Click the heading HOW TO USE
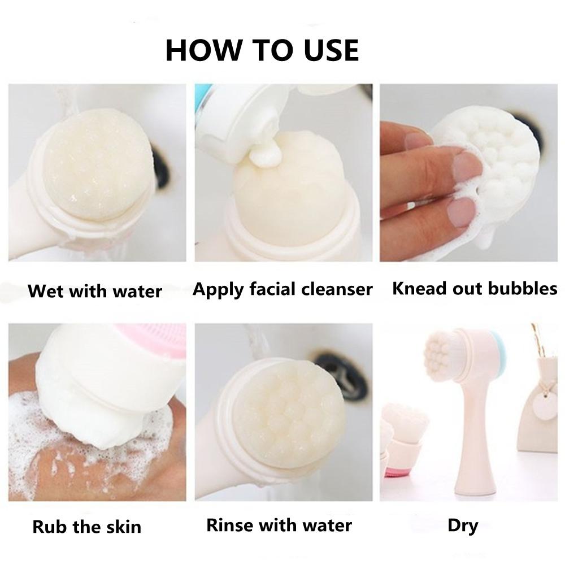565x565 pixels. click(x=262, y=50)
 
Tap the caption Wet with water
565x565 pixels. click(x=95, y=291)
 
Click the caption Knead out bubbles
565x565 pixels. click(x=475, y=288)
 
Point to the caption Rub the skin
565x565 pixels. click(x=87, y=527)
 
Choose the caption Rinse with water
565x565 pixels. click(x=279, y=525)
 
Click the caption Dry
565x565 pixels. click(x=463, y=526)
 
